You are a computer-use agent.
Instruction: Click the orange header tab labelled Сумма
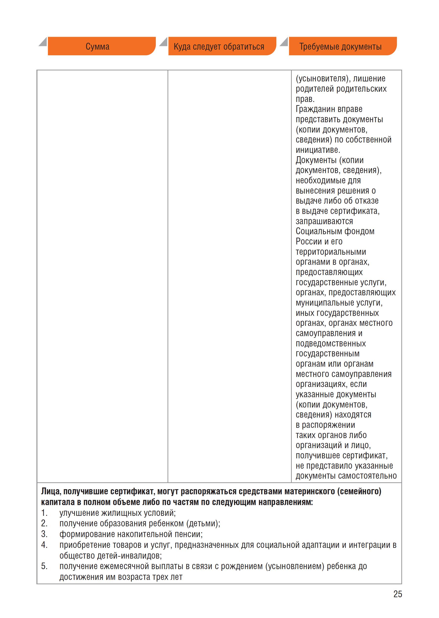[x=98, y=46]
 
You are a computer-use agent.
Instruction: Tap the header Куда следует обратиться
[x=219, y=46]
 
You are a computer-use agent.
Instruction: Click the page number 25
[x=398, y=594]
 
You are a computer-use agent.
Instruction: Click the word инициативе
[x=318, y=150]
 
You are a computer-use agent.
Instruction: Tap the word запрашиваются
[x=324, y=221]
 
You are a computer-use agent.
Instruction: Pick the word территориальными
[x=331, y=252]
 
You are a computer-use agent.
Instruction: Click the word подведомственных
[x=331, y=343]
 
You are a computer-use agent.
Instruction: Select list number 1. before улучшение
[x=44, y=513]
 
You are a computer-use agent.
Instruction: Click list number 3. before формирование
[x=44, y=534]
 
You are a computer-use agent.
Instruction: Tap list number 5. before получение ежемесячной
[x=44, y=566]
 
